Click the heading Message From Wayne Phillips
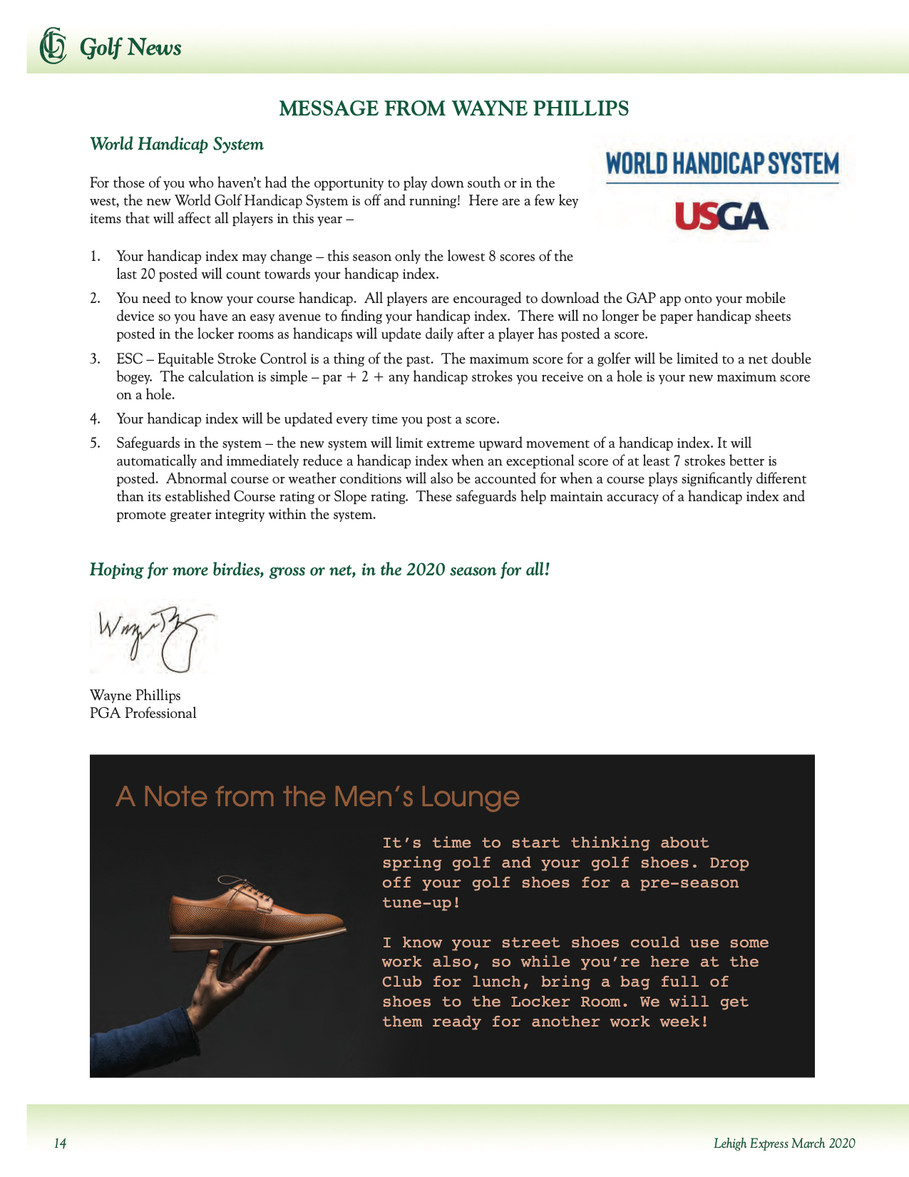click(x=453, y=108)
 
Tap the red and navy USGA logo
click(x=721, y=216)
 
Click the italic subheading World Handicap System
click(x=177, y=144)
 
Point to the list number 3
click(x=95, y=359)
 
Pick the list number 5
click(x=95, y=443)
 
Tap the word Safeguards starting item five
click(x=148, y=443)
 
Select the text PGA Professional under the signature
click(x=143, y=714)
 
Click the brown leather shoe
click(x=257, y=911)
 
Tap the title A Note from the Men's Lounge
click(x=317, y=797)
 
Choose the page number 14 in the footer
click(x=61, y=1143)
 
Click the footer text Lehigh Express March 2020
click(x=784, y=1143)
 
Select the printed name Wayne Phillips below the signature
click(x=135, y=696)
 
